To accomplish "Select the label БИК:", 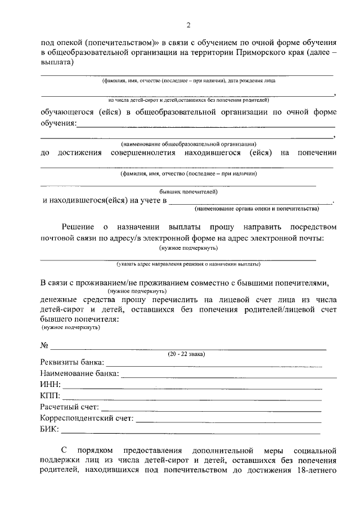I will pos(50,430).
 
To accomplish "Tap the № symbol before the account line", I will pos(45,345).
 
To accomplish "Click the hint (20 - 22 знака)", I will pos(187,354).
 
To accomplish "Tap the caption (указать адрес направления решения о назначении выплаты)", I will pos(188,263).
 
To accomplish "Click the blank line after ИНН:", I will pos(192,387).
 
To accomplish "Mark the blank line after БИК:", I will pos(191,432).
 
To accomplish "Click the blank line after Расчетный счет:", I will pos(211,409).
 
